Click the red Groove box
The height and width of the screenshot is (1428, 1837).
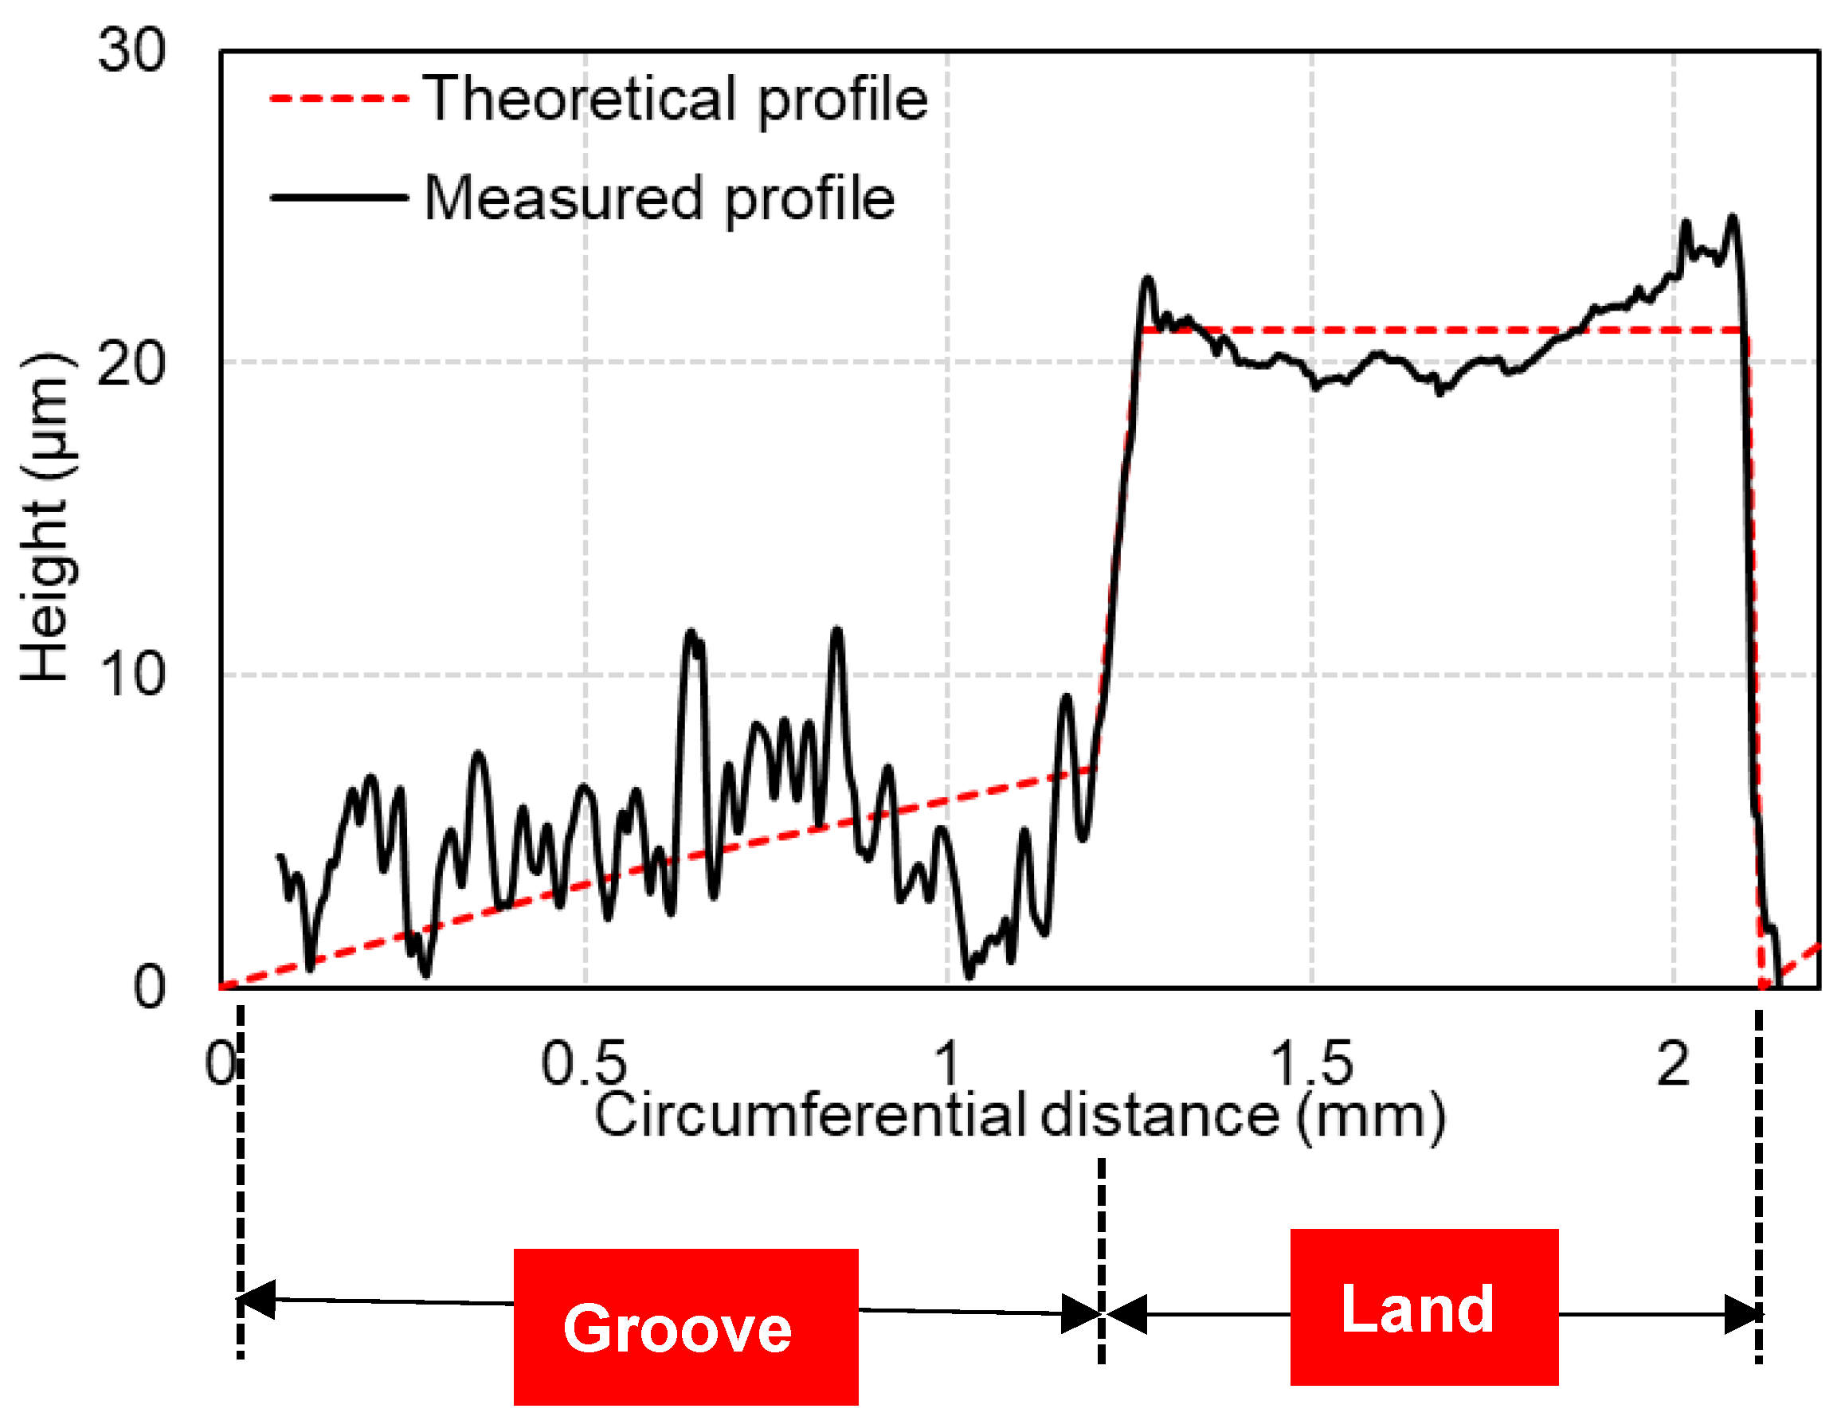click(x=686, y=1328)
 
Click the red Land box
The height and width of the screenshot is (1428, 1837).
click(x=1424, y=1308)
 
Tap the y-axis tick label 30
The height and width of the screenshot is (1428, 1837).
click(x=131, y=50)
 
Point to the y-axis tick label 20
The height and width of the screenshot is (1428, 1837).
click(x=131, y=364)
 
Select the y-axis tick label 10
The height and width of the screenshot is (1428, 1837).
click(x=131, y=675)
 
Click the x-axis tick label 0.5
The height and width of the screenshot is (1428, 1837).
click(x=584, y=1064)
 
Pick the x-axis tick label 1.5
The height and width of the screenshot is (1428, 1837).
click(x=1311, y=1064)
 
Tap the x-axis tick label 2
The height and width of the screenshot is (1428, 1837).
click(x=1673, y=1064)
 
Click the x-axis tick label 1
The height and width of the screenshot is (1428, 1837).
click(x=948, y=1064)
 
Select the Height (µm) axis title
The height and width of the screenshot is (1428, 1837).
click(x=46, y=517)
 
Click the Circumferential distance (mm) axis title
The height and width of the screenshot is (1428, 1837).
click(x=1020, y=1116)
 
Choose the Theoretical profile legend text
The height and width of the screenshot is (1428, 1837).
click(x=676, y=100)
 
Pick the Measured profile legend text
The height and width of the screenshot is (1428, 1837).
click(x=660, y=199)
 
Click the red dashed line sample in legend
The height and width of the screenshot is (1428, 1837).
click(x=339, y=100)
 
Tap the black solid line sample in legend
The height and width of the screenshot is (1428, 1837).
click(x=339, y=198)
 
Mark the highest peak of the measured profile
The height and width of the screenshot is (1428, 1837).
click(x=1732, y=219)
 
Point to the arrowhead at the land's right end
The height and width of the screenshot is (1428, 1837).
click(x=1742, y=1314)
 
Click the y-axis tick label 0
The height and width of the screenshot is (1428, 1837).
click(x=149, y=988)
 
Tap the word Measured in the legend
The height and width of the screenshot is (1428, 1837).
click(x=562, y=199)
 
